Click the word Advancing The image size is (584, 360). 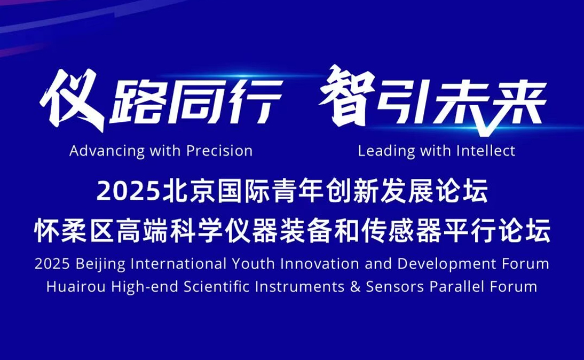coord(107,152)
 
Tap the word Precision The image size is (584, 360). coord(219,151)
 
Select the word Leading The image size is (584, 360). coord(386,152)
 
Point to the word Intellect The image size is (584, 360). coord(486,151)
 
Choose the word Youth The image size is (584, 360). coord(253,264)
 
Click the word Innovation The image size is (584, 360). coord(320,264)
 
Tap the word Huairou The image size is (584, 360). coord(76,287)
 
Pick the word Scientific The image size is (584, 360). coord(216,287)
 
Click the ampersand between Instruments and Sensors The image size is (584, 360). coord(356,287)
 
